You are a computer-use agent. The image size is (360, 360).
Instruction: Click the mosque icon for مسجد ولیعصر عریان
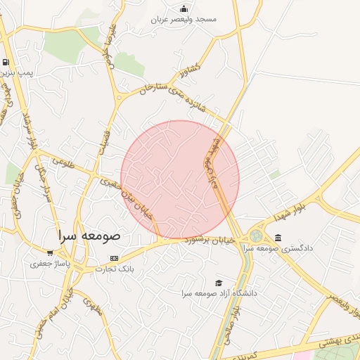point(184,8)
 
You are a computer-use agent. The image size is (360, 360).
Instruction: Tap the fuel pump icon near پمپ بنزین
point(6,62)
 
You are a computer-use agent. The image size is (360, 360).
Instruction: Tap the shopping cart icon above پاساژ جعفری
point(49,253)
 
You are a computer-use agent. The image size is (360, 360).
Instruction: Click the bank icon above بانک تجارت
point(114,259)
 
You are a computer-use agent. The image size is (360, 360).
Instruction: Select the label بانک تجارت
point(114,269)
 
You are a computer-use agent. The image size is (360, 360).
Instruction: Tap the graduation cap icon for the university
point(219,282)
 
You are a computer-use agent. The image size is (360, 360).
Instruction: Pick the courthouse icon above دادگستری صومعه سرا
point(278,238)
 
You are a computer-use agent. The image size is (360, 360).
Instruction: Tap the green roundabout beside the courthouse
point(256,236)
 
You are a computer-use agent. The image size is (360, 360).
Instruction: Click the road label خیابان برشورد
point(207,240)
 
